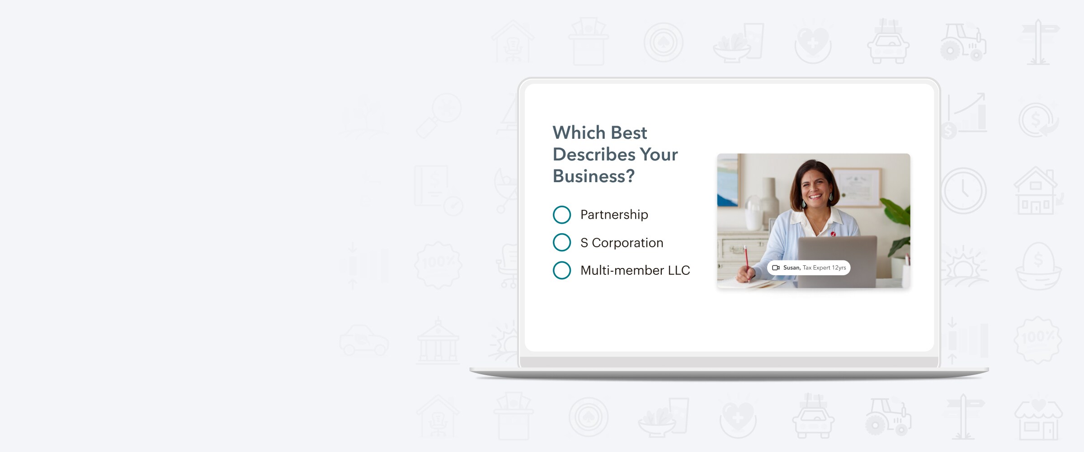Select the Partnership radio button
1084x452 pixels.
[562, 215]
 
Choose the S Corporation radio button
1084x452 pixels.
[562, 242]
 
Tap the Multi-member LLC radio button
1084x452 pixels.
[562, 270]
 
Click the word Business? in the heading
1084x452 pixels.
[594, 176]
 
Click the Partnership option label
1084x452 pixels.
[614, 215]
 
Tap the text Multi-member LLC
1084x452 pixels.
[635, 270]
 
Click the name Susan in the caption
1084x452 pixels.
[792, 268]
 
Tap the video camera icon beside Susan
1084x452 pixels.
[776, 268]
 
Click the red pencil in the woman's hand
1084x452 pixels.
[746, 262]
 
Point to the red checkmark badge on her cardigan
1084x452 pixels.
[833, 234]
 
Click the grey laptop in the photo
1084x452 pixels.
[837, 261]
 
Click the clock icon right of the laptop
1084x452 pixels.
[963, 190]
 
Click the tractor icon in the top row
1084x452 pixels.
[963, 42]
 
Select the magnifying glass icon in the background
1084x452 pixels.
[438, 115]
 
